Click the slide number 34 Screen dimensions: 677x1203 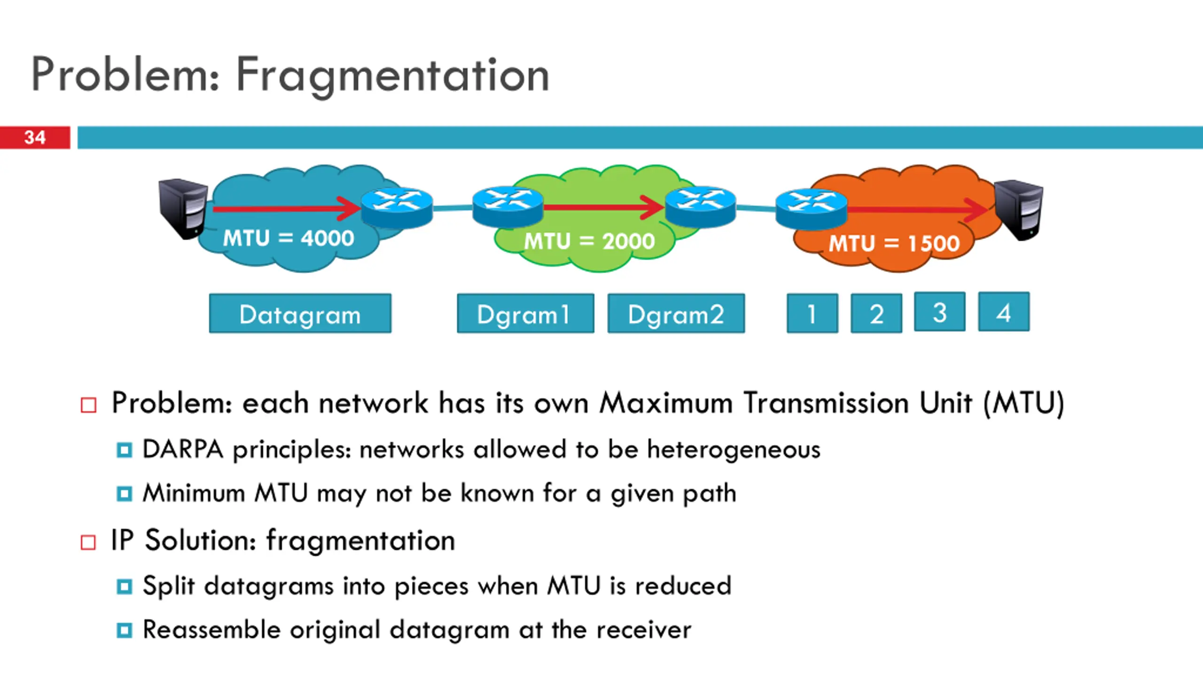(35, 137)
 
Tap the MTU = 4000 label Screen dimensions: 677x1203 (288, 238)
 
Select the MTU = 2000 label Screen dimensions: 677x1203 (589, 241)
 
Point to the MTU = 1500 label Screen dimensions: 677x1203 (893, 244)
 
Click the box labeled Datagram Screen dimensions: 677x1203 (300, 314)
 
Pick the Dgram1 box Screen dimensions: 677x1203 (525, 314)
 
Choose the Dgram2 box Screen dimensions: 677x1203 (676, 314)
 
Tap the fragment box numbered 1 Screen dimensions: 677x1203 (812, 314)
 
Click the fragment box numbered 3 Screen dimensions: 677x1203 (939, 312)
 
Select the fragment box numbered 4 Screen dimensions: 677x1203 (1003, 312)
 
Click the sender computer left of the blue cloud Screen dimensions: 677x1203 (182, 208)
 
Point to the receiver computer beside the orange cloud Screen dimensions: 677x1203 (1019, 209)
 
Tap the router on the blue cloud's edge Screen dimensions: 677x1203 (397, 207)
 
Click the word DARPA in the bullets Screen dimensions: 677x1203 (182, 449)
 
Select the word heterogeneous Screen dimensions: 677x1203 (734, 450)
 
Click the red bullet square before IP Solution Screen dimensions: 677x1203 (88, 542)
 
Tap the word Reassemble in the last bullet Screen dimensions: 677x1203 (211, 630)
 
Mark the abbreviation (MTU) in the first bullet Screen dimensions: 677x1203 (1023, 403)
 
